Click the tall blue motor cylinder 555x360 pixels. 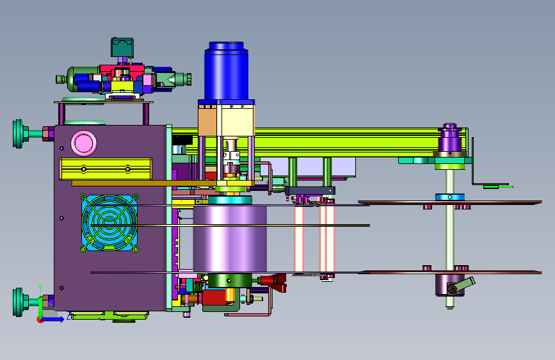tap(226, 71)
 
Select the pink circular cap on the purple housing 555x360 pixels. tap(83, 143)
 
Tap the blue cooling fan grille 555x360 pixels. tap(109, 222)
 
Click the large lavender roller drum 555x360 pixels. tap(230, 238)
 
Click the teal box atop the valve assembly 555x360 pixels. tap(122, 47)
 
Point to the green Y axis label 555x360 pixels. tap(40, 288)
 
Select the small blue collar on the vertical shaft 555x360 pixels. tap(449, 197)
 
